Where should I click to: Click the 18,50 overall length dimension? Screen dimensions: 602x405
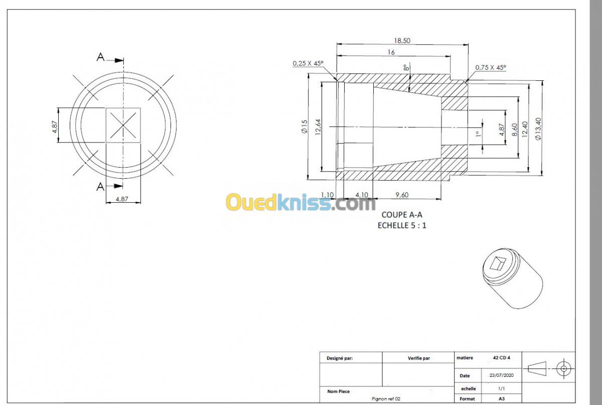[x=402, y=41]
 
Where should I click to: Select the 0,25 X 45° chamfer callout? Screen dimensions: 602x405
[x=308, y=63]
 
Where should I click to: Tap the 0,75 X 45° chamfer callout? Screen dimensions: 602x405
[x=491, y=67]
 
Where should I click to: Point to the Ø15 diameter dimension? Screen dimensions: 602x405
[x=304, y=126]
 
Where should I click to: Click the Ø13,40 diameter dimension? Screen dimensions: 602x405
[x=538, y=129]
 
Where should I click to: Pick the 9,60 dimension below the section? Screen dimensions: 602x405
[x=402, y=195]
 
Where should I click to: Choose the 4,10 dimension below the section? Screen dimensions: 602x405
[x=362, y=195]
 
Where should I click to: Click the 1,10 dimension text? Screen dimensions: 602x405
[x=327, y=195]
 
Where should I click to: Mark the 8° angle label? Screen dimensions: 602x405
[x=406, y=67]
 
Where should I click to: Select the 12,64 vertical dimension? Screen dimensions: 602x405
[x=318, y=127]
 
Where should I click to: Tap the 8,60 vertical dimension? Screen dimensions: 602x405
[x=514, y=129]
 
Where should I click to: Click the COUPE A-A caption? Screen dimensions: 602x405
[x=402, y=215]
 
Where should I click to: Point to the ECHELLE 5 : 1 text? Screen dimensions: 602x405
[x=402, y=225]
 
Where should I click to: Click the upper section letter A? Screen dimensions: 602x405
[x=100, y=57]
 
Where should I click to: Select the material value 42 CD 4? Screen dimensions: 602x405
[x=502, y=358]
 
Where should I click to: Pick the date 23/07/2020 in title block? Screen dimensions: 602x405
[x=502, y=375]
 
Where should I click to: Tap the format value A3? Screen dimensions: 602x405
[x=502, y=398]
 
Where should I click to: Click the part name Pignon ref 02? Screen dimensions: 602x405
[x=386, y=398]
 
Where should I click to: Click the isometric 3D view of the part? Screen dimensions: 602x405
[x=513, y=279]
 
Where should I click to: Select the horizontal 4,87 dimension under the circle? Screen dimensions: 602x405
[x=122, y=199]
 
